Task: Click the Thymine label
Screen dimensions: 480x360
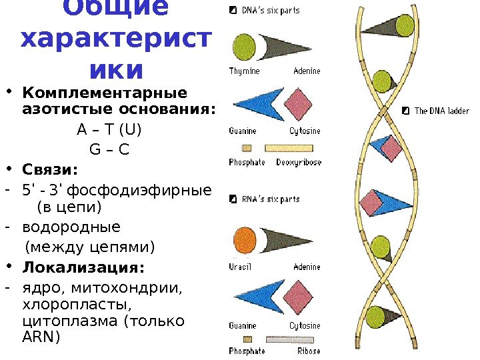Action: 244,71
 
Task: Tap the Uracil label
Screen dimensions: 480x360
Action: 240,267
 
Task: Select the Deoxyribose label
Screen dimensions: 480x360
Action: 299,162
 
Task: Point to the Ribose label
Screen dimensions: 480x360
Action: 308,351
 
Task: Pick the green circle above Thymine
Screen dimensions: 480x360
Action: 245,46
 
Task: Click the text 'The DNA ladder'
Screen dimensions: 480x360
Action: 442,111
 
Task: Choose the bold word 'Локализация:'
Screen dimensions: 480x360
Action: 83,268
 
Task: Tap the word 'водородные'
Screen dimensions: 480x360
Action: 71,227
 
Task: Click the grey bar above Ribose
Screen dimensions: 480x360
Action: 291,337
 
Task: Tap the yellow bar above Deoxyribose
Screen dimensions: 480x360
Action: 289,148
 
